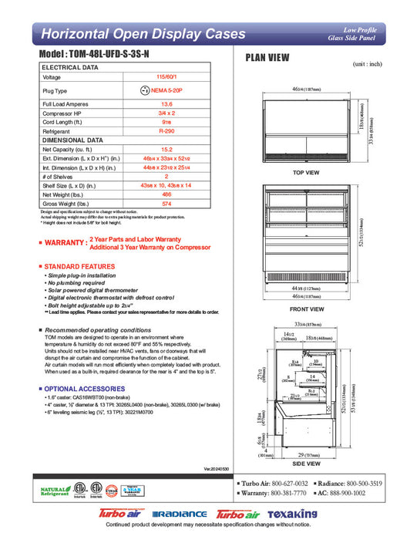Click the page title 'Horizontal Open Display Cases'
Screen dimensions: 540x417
tap(143, 34)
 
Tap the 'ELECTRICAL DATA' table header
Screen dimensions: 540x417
tap(70, 68)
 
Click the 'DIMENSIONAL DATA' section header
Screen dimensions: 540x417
tap(72, 140)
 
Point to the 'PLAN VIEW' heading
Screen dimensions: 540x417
tap(267, 57)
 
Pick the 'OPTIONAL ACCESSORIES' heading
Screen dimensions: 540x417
tap(84, 388)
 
